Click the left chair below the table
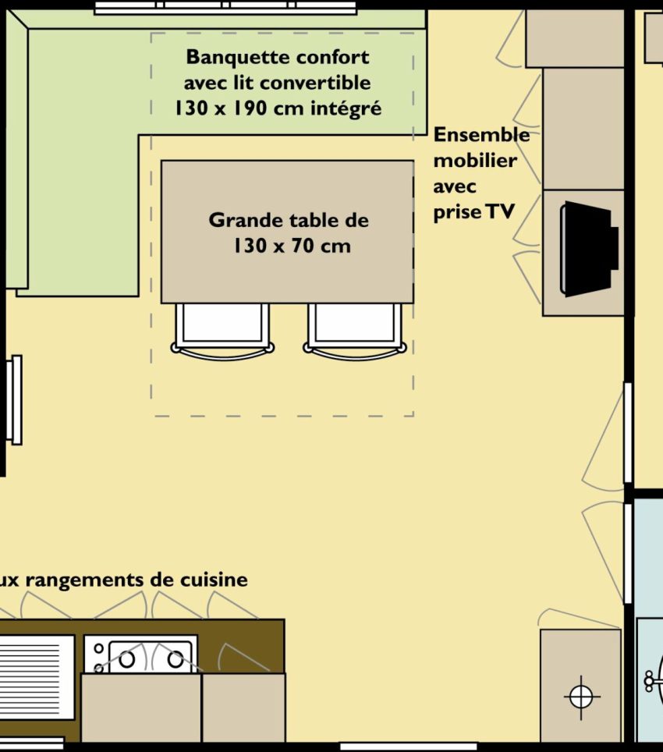(x=222, y=332)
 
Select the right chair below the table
(x=355, y=332)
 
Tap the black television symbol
(x=589, y=249)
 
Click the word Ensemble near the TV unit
(x=481, y=135)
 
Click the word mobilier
(x=474, y=161)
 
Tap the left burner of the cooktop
(x=126, y=660)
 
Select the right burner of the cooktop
(x=175, y=660)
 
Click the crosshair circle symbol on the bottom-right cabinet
(x=581, y=697)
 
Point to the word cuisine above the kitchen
(x=214, y=580)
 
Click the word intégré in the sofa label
(x=346, y=109)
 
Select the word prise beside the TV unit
(x=457, y=212)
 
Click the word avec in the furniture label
(x=455, y=186)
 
